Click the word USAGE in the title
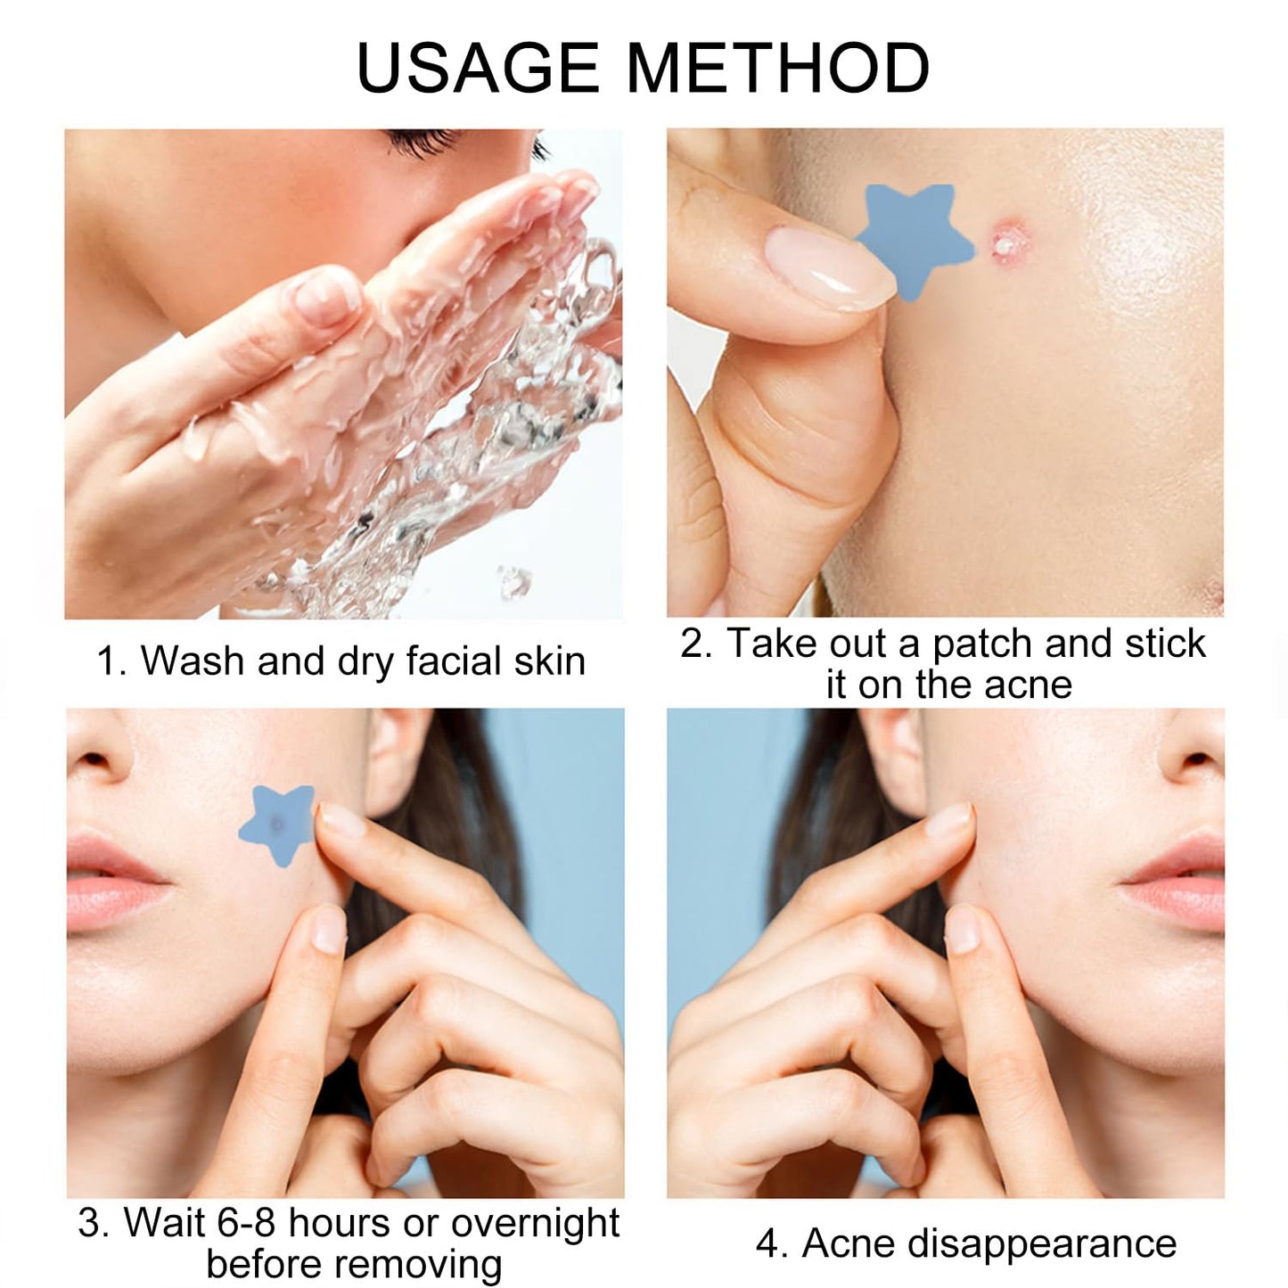478,68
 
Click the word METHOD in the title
779,68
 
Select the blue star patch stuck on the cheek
276,824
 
